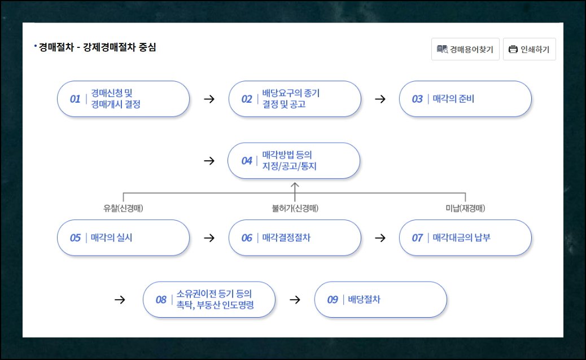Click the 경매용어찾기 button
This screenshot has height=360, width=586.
pos(465,49)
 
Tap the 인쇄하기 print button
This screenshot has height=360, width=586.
pos(529,49)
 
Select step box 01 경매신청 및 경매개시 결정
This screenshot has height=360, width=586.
pos(123,99)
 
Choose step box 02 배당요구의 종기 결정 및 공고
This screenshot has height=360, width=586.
pos(294,99)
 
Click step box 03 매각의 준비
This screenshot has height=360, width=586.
pos(465,99)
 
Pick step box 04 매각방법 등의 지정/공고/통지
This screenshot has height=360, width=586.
pos(294,161)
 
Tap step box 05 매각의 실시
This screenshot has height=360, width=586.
pos(123,238)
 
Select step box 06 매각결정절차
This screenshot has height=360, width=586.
pos(294,238)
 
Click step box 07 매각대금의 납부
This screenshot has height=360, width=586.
pos(465,238)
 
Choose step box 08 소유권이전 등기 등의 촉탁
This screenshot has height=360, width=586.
pos(209,300)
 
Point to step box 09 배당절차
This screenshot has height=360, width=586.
pos(380,300)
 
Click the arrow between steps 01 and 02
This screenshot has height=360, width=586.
pos(209,99)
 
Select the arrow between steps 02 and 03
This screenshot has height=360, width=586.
pos(380,99)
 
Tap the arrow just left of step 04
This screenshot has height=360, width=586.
pos(209,161)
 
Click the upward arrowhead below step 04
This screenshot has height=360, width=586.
pos(295,185)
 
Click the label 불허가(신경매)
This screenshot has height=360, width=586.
pos(295,208)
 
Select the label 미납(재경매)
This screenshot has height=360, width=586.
pos(465,208)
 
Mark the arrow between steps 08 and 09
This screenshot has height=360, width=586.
pos(295,300)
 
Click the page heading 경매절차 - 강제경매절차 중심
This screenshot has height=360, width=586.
pos(97,47)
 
